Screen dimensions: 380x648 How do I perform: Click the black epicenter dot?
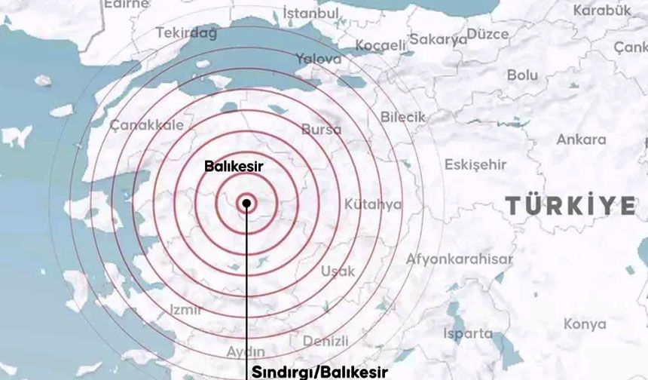(246, 203)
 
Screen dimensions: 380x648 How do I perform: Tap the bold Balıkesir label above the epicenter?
(235, 166)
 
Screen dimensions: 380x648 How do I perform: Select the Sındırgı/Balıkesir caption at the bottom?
(319, 372)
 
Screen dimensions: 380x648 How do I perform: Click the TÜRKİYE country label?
(570, 206)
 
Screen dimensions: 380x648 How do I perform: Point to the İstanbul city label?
(310, 13)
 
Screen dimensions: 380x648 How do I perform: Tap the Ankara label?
(581, 139)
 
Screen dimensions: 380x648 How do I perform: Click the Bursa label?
(321, 130)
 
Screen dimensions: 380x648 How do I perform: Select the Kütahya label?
(373, 204)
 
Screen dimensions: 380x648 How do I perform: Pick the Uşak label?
(338, 271)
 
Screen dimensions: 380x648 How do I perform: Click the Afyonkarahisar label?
(460, 259)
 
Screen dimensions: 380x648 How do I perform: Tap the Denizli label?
(326, 341)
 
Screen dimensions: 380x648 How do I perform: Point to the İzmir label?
(185, 309)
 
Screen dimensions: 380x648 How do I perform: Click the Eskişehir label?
(475, 164)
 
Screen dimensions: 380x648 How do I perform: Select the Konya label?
(584, 324)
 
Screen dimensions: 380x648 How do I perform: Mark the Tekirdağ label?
(186, 32)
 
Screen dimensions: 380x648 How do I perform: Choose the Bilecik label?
(402, 117)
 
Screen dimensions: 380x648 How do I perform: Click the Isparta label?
(468, 332)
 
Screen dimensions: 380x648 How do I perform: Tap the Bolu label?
(522, 75)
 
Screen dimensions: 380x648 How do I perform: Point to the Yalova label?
(318, 59)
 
